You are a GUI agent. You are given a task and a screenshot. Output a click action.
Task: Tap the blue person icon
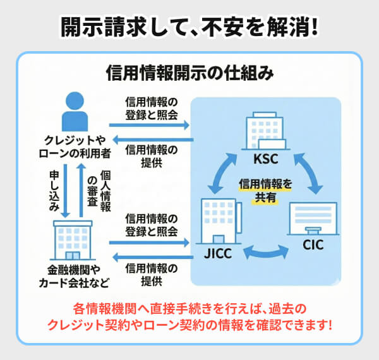tap(74, 112)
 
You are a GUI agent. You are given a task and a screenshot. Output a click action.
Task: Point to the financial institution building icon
tap(73, 239)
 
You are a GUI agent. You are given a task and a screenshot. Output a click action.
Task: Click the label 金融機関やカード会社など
tap(73, 276)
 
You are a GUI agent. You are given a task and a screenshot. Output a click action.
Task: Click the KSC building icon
tap(265, 131)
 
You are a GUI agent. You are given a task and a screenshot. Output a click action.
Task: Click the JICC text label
tap(217, 255)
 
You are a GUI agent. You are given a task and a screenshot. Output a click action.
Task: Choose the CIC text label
tap(312, 245)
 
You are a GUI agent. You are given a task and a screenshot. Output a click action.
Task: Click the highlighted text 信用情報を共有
tap(266, 191)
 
